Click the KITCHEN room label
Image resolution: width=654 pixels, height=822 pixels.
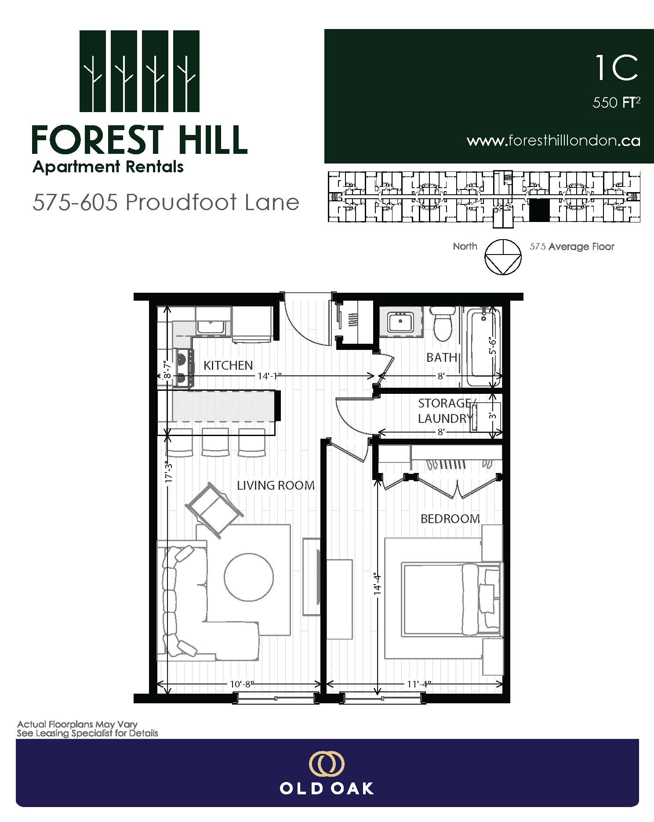point(228,365)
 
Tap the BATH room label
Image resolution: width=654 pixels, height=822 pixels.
point(442,357)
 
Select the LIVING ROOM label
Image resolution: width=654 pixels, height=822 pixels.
point(276,485)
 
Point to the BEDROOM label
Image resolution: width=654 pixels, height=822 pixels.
point(450,519)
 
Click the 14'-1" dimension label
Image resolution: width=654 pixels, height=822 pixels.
point(269,376)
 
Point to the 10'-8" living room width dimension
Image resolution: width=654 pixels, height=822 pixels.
point(242,684)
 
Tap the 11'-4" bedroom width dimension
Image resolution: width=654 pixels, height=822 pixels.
point(418,684)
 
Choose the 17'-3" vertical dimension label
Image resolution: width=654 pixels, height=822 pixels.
point(168,472)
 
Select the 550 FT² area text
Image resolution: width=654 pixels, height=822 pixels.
point(616,102)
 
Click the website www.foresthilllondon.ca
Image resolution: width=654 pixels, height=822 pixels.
point(553,141)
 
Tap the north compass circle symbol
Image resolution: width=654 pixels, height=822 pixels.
point(503,258)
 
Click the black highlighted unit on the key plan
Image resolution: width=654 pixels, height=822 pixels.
point(539,210)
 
